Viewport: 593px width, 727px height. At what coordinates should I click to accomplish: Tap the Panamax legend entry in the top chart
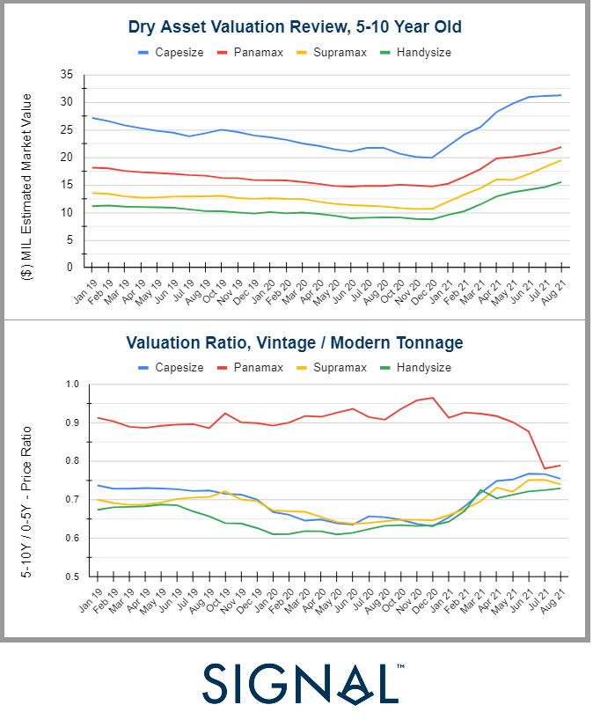(x=259, y=52)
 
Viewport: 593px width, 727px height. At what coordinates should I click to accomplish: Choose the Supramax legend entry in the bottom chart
(x=337, y=367)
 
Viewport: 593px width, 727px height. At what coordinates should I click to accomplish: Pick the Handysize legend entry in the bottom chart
(x=422, y=367)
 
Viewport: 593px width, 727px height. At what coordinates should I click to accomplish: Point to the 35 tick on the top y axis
(x=68, y=75)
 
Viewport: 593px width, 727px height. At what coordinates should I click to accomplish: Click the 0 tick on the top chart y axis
(x=71, y=267)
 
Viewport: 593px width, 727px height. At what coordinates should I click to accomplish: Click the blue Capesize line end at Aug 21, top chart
(x=560, y=95)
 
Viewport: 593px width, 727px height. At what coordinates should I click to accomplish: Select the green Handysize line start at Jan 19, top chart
(x=93, y=206)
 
